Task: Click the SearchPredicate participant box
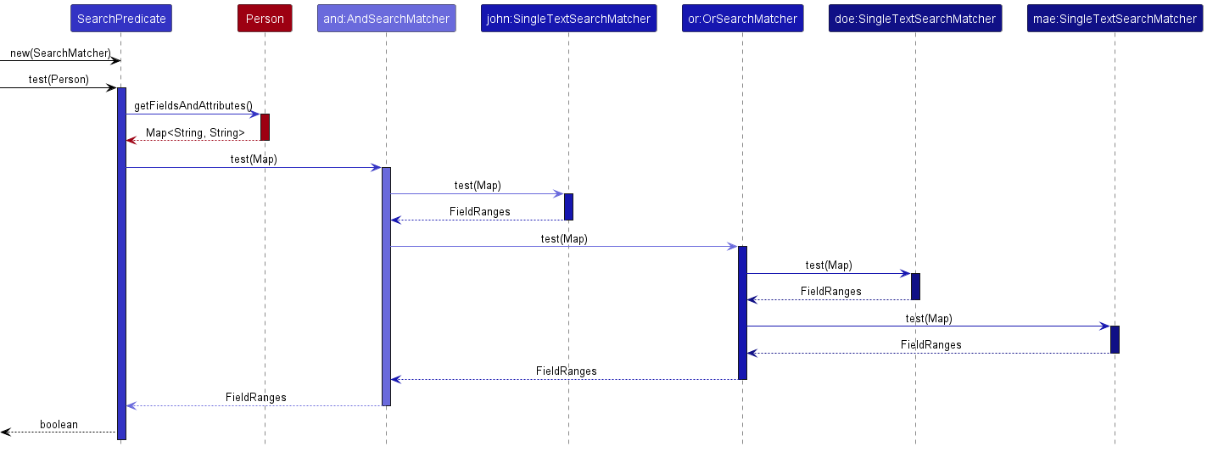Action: pyautogui.click(x=121, y=19)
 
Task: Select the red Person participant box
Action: pyautogui.click(x=265, y=19)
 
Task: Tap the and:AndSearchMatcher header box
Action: pyautogui.click(x=386, y=19)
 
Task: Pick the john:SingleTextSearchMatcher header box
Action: pyautogui.click(x=568, y=19)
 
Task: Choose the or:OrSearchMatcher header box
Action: pyautogui.click(x=742, y=19)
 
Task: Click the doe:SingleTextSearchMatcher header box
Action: pyautogui.click(x=915, y=19)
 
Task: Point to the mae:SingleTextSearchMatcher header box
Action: pyautogui.click(x=1115, y=19)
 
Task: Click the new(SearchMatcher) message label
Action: pyautogui.click(x=60, y=53)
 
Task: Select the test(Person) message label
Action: pyautogui.click(x=59, y=80)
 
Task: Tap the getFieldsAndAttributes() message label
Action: pyautogui.click(x=193, y=106)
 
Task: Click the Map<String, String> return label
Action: pyautogui.click(x=195, y=133)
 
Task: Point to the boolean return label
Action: pyautogui.click(x=59, y=424)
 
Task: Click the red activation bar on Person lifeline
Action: pyautogui.click(x=265, y=126)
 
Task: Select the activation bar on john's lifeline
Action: pyautogui.click(x=568, y=206)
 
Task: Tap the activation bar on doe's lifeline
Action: pyautogui.click(x=915, y=286)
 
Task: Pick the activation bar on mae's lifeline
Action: pyautogui.click(x=1115, y=339)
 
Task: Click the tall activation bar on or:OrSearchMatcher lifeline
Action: pyautogui.click(x=742, y=312)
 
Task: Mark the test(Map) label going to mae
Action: pyautogui.click(x=929, y=319)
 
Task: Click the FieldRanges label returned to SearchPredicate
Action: pyautogui.click(x=255, y=397)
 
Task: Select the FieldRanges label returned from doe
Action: pyautogui.click(x=830, y=292)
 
